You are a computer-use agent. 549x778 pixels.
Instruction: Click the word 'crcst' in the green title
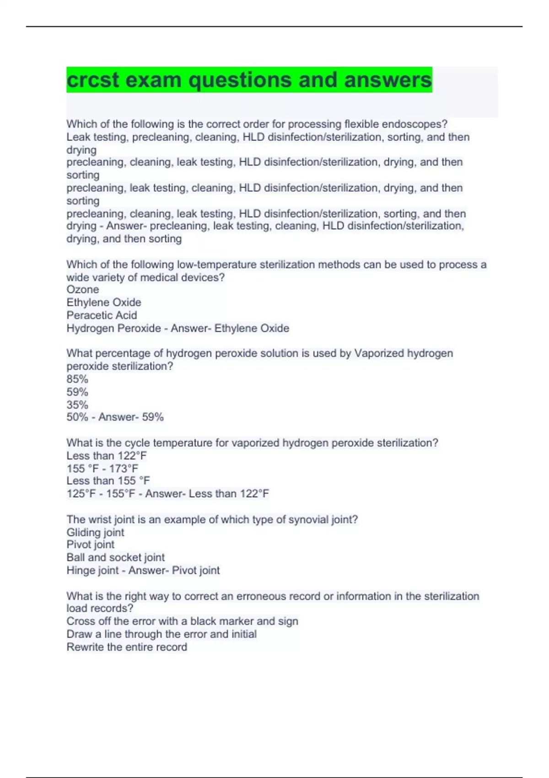pyautogui.click(x=92, y=80)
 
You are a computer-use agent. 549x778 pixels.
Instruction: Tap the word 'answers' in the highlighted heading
pyautogui.click(x=388, y=80)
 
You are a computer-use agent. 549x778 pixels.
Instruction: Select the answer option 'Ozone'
pyautogui.click(x=83, y=290)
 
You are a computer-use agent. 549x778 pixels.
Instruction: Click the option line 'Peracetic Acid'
pyautogui.click(x=102, y=315)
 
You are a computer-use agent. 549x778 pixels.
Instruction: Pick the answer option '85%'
pyautogui.click(x=77, y=379)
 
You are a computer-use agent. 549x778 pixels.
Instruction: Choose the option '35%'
pyautogui.click(x=77, y=405)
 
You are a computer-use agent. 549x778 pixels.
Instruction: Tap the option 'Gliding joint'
pyautogui.click(x=95, y=532)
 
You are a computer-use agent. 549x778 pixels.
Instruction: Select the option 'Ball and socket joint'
pyautogui.click(x=115, y=557)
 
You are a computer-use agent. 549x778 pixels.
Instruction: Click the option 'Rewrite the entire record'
pyautogui.click(x=127, y=647)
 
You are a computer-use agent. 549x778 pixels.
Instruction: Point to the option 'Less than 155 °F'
pyautogui.click(x=108, y=481)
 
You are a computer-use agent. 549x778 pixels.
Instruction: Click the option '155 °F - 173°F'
pyautogui.click(x=102, y=469)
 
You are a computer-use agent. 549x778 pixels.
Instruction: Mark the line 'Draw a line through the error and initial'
pyautogui.click(x=161, y=634)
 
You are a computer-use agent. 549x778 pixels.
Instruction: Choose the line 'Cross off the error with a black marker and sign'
pyautogui.click(x=182, y=621)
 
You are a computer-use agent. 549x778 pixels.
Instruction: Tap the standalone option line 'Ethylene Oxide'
pyautogui.click(x=104, y=303)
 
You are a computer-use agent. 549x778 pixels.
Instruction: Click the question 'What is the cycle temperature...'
pyautogui.click(x=252, y=443)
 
